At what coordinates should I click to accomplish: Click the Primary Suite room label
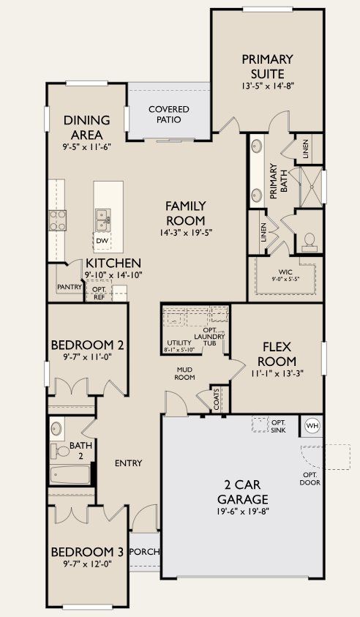(x=267, y=65)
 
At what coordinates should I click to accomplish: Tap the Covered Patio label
(x=169, y=115)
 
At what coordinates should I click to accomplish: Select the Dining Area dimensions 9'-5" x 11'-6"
(x=87, y=147)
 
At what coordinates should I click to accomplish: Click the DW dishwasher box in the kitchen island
(x=102, y=241)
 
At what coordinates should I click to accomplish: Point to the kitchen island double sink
(x=103, y=217)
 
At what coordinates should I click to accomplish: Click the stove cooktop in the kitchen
(x=56, y=219)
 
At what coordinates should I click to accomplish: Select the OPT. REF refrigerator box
(x=98, y=293)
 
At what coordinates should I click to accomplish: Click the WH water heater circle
(x=312, y=426)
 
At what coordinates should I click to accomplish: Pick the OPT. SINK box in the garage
(x=261, y=425)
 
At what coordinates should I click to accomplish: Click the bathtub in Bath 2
(x=70, y=475)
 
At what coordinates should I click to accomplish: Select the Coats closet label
(x=217, y=399)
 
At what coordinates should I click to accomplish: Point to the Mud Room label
(x=184, y=373)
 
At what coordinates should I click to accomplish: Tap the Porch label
(x=144, y=551)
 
